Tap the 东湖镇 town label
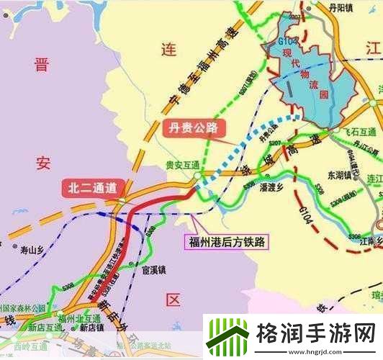pyautogui.click(x=341, y=174)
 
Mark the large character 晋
pyautogui.click(x=41, y=66)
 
